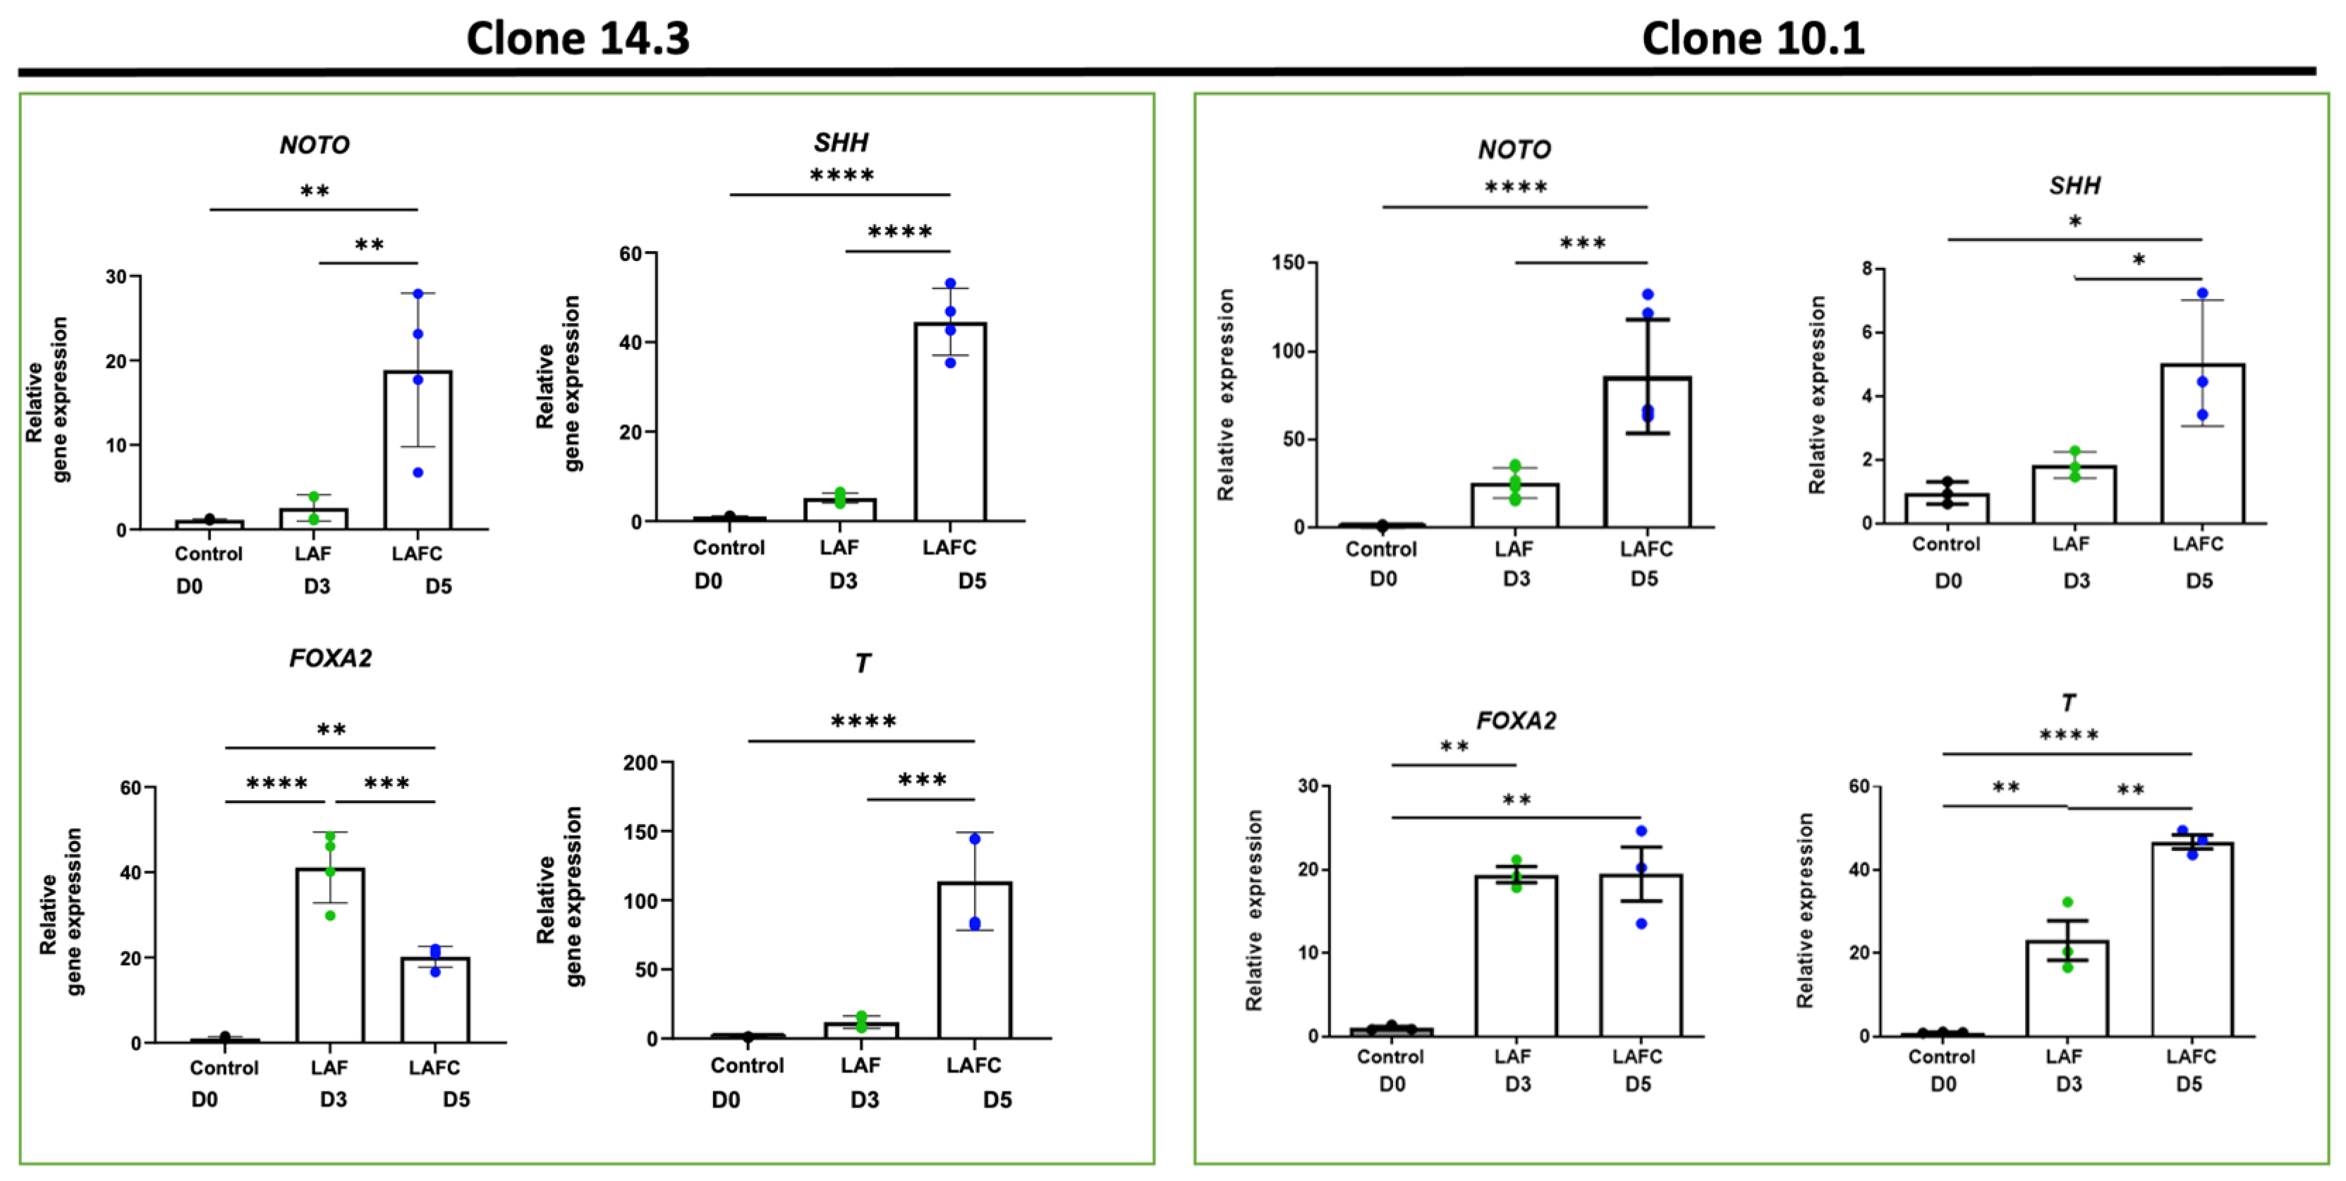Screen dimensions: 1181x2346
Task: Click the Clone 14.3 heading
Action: coord(578,38)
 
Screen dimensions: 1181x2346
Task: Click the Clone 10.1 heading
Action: coord(1752,38)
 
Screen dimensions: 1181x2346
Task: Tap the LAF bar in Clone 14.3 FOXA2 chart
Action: coord(329,956)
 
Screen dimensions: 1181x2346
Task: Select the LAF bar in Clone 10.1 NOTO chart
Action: coord(1514,506)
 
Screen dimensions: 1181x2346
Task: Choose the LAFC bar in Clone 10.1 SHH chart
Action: coord(2201,443)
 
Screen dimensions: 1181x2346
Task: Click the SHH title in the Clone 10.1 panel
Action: coord(2074,185)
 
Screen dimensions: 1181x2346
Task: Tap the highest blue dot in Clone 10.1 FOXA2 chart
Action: coord(1641,831)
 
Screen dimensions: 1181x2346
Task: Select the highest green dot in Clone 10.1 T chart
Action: coord(2067,902)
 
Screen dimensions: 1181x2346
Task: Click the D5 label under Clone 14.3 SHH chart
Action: coord(972,581)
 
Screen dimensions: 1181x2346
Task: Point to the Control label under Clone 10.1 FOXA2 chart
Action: coord(1390,1056)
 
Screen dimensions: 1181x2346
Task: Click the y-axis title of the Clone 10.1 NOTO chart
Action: coord(1226,394)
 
